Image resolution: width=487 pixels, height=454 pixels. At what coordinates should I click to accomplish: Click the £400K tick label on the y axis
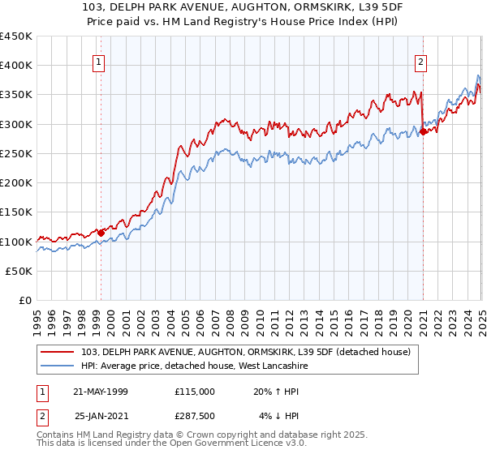click(16, 66)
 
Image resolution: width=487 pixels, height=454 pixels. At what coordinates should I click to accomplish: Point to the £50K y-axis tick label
click(19, 272)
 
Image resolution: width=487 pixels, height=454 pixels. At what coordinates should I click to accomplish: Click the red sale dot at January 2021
click(423, 132)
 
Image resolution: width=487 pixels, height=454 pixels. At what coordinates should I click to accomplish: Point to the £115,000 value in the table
click(194, 392)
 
